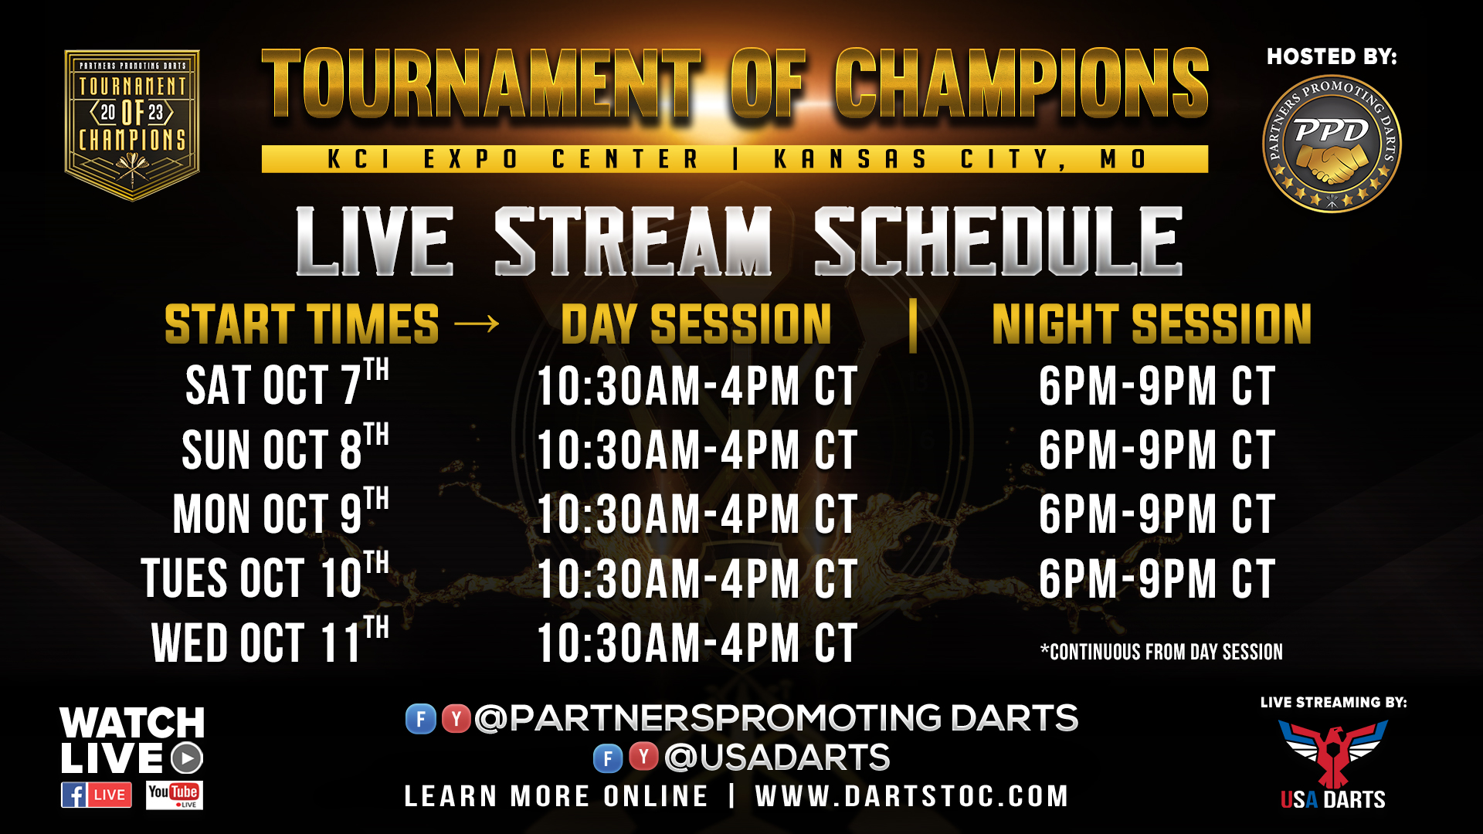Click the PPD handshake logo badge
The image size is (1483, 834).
pos(1332,144)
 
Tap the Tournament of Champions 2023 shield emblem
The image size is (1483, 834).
pos(132,125)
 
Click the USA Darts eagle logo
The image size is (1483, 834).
pos(1333,753)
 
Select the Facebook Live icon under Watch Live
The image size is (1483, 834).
pos(97,795)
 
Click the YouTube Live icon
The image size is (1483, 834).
pos(175,795)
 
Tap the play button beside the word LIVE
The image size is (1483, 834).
pos(186,758)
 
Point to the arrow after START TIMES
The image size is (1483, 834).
pos(477,324)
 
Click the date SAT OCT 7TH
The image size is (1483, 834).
pos(287,382)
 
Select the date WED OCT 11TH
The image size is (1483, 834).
pos(270,640)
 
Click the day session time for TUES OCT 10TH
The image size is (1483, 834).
pos(697,579)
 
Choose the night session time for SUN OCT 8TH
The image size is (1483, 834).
pos(1156,450)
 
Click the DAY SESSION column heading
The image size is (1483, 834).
pos(696,324)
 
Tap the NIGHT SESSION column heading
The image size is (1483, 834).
pos(1152,324)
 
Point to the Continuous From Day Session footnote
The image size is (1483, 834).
pos(1162,652)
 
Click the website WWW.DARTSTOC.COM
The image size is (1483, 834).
pos(911,796)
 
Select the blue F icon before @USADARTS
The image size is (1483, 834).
pos(608,758)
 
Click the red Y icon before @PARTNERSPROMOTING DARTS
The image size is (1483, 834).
pos(456,719)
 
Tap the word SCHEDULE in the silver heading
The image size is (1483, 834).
pos(999,241)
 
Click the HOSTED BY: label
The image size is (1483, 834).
pos(1332,56)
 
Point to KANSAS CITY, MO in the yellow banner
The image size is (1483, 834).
pos(960,159)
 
